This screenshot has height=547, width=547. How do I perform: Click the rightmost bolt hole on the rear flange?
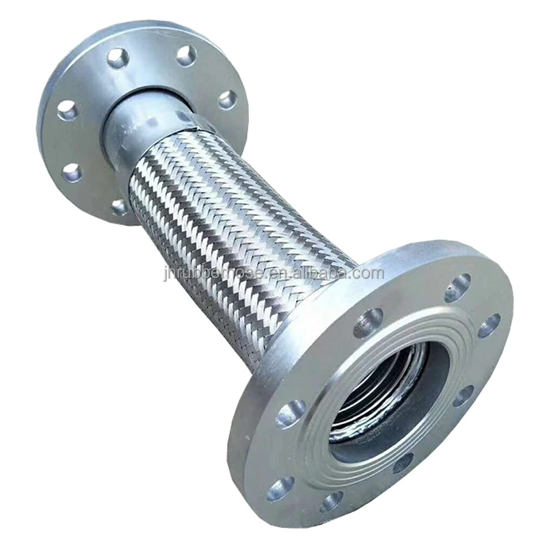(x=227, y=100)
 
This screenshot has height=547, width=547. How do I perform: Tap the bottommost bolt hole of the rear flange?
(x=120, y=206)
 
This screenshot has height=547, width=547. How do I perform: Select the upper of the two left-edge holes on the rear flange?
(x=67, y=109)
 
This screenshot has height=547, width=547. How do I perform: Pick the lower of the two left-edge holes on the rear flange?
(x=71, y=172)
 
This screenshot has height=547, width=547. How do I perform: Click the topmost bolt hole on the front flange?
(x=457, y=288)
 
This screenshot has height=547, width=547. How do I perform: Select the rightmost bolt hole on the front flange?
(x=488, y=325)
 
